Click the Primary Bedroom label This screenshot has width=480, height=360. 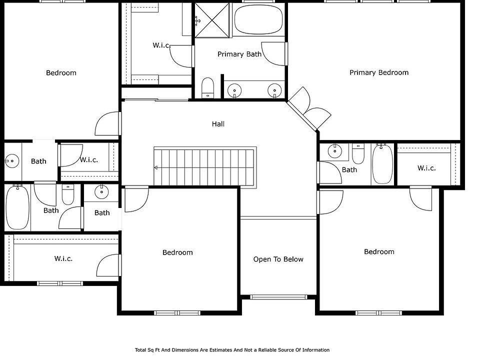[x=379, y=72]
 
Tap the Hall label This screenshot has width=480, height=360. [x=218, y=124]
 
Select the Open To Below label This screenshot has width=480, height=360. [x=278, y=259]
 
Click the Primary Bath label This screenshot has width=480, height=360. [x=239, y=54]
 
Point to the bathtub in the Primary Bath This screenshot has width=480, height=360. [x=258, y=19]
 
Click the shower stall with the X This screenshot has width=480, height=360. [x=212, y=20]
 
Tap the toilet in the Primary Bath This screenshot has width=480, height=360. [x=208, y=87]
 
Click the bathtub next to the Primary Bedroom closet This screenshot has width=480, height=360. [x=382, y=164]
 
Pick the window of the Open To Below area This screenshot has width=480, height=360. [x=278, y=296]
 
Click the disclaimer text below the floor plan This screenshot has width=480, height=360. [x=232, y=350]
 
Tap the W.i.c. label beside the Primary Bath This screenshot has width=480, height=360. [x=161, y=45]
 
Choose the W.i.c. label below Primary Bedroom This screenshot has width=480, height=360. [x=426, y=168]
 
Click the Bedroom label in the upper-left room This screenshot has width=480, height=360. [x=61, y=73]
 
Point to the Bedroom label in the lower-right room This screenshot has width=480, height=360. [x=379, y=251]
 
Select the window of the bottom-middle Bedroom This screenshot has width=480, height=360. [x=177, y=313]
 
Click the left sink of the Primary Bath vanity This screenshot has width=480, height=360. [x=234, y=90]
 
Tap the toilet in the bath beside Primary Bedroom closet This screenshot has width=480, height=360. [x=358, y=153]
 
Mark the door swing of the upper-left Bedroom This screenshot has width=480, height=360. [x=107, y=123]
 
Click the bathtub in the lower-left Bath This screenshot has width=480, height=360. [x=18, y=207]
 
